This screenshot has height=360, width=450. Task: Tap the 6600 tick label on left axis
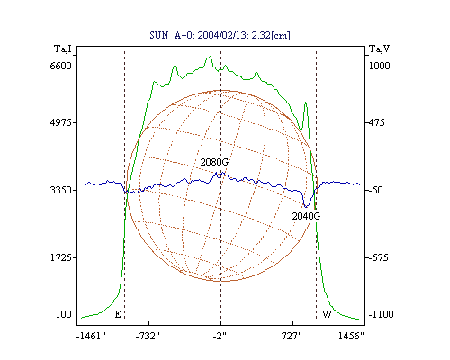point(60,66)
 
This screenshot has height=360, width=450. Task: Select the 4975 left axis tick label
point(60,122)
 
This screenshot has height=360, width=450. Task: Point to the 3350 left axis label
point(60,190)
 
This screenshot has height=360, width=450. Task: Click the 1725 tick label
point(60,257)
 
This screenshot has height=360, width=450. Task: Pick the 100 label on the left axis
point(64,314)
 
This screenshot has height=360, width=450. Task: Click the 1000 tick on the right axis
point(379,66)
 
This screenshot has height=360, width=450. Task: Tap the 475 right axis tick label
point(376,122)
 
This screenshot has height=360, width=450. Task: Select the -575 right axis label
point(378,257)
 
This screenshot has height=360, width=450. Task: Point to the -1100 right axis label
point(381,314)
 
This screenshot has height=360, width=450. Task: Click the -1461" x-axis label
point(91,336)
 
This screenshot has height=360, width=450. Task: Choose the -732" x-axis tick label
point(148,336)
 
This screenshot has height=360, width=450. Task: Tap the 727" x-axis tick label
point(292,336)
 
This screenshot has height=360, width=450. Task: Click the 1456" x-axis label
point(351,336)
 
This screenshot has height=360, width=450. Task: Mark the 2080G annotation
point(214,162)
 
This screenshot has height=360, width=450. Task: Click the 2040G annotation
point(306,216)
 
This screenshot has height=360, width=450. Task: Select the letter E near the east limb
point(118,314)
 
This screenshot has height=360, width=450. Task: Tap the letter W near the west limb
point(327,314)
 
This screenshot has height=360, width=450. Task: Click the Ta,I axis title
point(63,49)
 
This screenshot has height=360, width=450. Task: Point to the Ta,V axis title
point(380,49)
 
